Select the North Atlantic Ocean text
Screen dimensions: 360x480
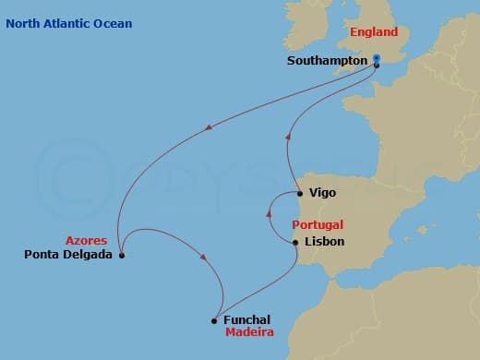pos(68,23)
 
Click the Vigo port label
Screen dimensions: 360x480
pos(322,193)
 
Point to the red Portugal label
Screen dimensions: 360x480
pos(318,224)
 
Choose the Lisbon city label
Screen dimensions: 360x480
pos(323,242)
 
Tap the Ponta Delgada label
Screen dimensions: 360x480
pos(69,255)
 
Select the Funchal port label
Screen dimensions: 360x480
pos(246,320)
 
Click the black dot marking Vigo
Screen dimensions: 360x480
pos(301,194)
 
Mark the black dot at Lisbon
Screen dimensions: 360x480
pos(294,243)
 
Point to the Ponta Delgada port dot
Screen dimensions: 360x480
pos(122,256)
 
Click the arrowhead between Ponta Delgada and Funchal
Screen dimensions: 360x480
pos(201,258)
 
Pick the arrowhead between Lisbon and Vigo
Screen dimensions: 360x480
pos(269,214)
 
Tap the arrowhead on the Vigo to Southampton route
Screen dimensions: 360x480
pos(288,137)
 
